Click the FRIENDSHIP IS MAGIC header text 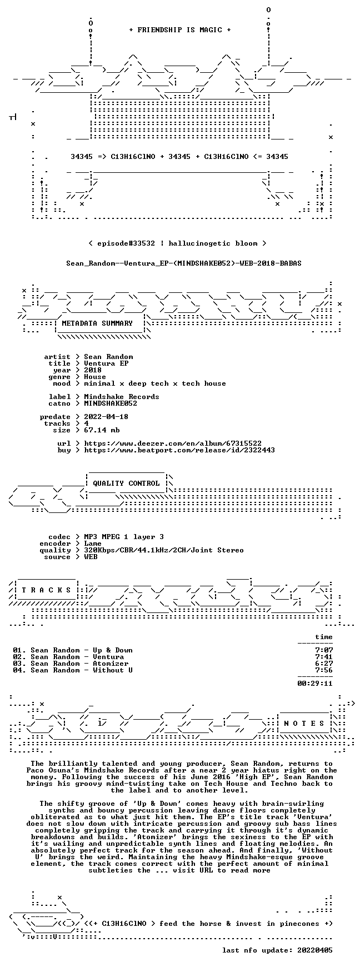click(179, 30)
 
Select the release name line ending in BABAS click(184, 263)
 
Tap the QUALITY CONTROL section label click(126, 483)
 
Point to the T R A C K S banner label click(46, 590)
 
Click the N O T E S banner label click(304, 724)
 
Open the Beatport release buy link click(179, 450)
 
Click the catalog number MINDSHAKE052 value click(111, 403)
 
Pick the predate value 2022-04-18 click(106, 417)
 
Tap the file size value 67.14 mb click(102, 430)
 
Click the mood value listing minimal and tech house click(155, 383)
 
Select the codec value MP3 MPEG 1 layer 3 click(124, 537)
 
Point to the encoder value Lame click(93, 544)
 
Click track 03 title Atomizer click(111, 664)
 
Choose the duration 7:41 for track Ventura click(324, 657)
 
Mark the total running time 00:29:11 click(315, 684)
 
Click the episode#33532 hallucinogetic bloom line click(177, 243)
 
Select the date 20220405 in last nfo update click(315, 950)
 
